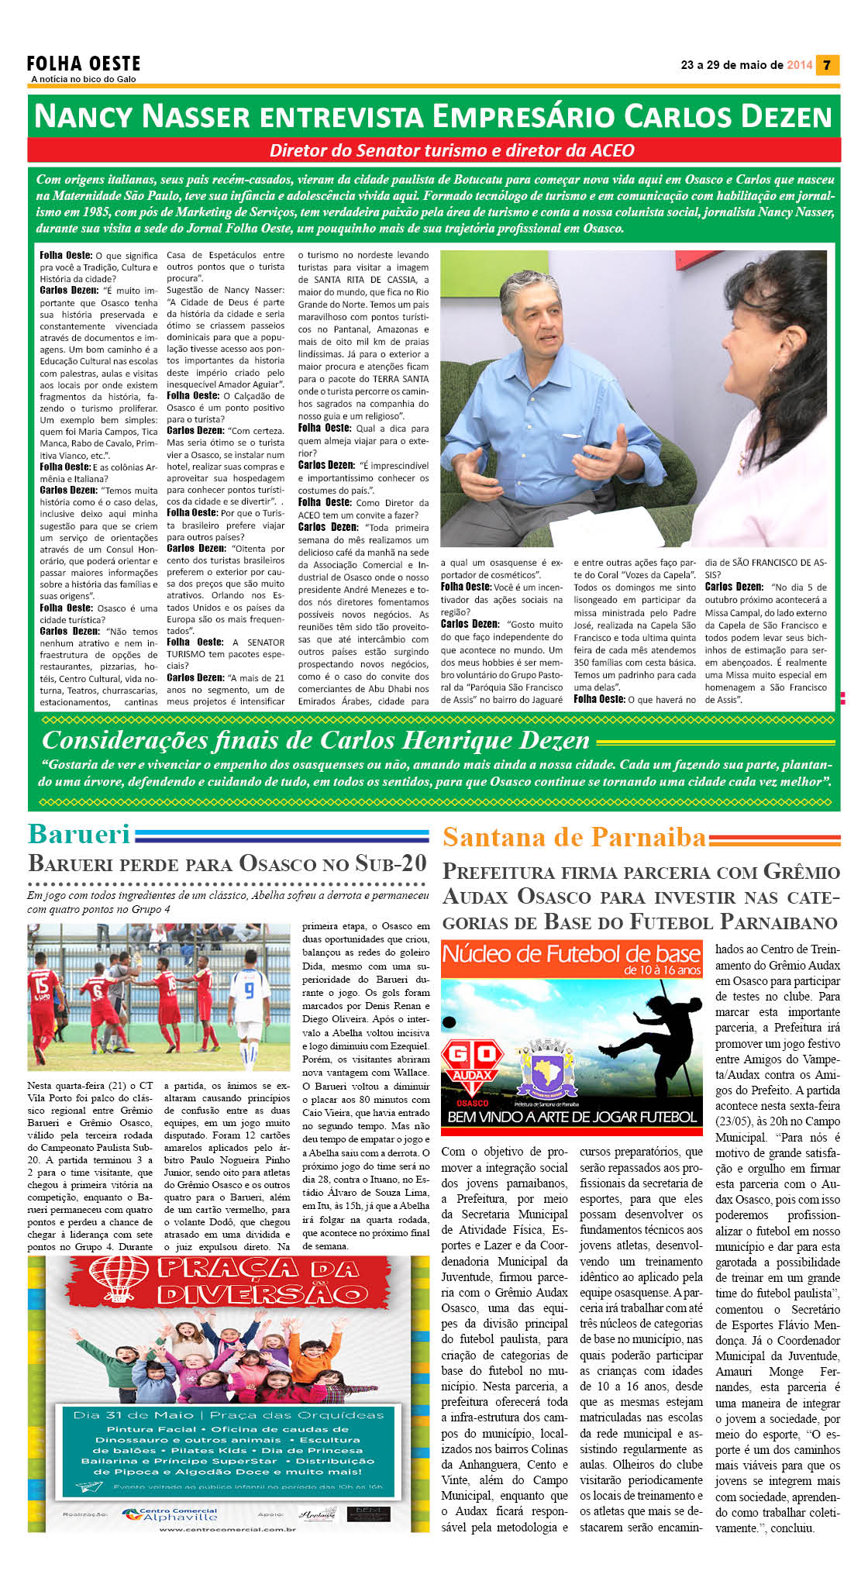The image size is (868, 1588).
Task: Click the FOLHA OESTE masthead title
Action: point(84,64)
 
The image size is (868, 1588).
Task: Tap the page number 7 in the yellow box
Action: point(827,65)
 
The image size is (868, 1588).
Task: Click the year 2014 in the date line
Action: point(799,65)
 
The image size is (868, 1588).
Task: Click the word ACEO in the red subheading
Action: point(611,150)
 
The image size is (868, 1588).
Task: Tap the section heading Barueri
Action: point(79,834)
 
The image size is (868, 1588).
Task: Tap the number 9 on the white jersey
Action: point(249,989)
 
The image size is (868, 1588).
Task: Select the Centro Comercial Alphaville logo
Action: point(170,1514)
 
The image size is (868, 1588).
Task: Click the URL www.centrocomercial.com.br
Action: point(227,1529)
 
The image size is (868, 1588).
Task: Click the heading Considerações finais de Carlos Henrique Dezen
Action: point(315,740)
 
